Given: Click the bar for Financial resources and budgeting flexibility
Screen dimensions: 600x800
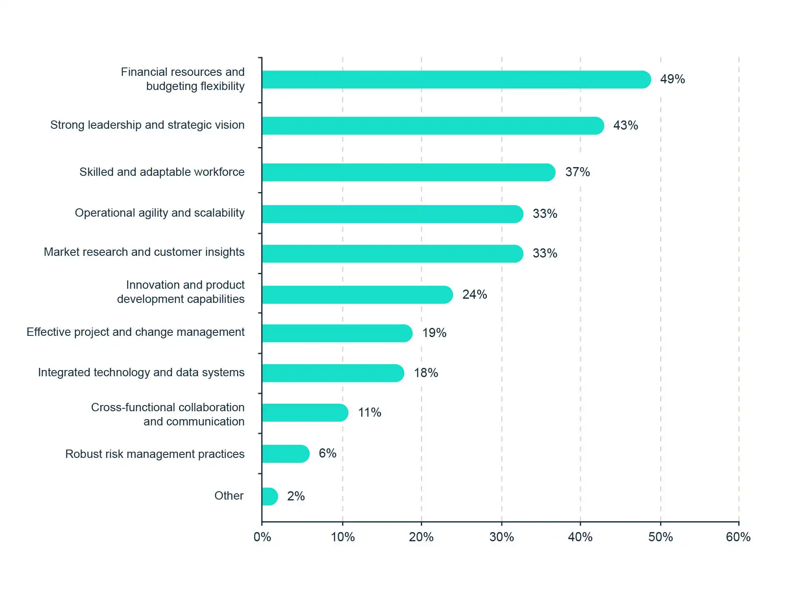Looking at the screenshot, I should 456,80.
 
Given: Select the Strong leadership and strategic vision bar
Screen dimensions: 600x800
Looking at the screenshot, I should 432,126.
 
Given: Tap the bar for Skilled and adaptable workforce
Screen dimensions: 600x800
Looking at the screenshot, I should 408,172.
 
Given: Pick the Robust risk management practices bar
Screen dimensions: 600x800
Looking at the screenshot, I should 285,454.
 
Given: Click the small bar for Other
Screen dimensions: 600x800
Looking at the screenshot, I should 270,497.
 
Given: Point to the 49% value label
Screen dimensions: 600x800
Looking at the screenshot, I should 672,79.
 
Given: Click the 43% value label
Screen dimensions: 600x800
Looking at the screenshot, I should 625,125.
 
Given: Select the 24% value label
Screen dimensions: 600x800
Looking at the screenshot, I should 475,295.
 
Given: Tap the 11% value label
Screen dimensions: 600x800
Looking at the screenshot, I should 370,412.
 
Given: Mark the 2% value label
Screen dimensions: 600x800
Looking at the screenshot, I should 296,496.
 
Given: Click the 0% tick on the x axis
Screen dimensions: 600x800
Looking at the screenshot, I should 262,537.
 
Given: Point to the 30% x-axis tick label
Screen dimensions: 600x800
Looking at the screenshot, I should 502,537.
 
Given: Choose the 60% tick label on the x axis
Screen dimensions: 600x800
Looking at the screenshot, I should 738,537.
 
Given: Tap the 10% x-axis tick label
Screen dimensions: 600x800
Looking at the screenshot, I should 342,537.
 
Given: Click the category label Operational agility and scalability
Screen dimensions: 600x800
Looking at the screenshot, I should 160,213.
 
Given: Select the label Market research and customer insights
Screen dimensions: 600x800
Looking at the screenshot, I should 144,252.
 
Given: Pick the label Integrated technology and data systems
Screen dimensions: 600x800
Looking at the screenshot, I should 141,372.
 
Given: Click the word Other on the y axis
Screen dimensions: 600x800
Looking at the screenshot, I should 229,496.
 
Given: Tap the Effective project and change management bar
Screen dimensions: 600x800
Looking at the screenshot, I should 337,333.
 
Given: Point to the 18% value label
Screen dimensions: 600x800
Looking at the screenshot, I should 426,373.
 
